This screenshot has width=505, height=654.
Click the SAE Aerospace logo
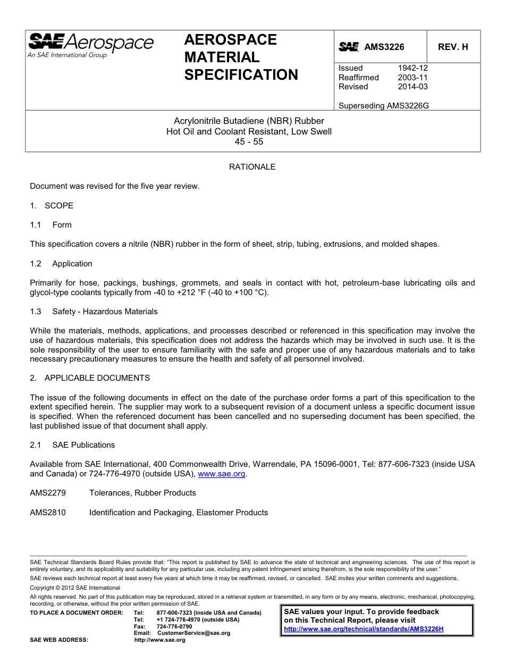(90, 45)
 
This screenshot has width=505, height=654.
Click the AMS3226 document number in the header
(384, 47)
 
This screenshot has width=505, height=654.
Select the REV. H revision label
(453, 47)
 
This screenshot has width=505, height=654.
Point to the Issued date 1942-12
(413, 68)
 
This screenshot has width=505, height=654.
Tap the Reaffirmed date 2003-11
(413, 78)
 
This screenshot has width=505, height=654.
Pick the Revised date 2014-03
(413, 87)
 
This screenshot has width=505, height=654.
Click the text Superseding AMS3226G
(383, 106)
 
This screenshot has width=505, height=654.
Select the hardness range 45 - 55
(249, 142)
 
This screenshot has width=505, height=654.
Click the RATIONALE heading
(252, 167)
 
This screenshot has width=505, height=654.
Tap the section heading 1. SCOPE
(52, 206)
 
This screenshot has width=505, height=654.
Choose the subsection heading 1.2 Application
(61, 264)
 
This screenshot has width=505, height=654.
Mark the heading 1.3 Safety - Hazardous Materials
(94, 312)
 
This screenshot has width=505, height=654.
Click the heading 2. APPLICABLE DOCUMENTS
(90, 378)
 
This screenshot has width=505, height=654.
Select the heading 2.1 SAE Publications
(72, 445)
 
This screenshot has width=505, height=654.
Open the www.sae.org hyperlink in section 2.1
(221, 474)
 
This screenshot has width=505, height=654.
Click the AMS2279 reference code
(48, 493)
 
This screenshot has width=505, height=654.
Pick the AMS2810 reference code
(48, 513)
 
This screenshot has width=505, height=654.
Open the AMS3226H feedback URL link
(364, 629)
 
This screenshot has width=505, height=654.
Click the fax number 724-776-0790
(174, 626)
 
